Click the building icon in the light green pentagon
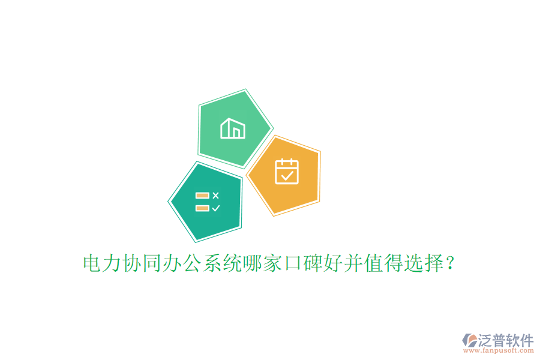click(233, 128)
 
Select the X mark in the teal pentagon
click(216, 195)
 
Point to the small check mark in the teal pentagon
click(216, 208)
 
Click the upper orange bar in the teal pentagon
click(202, 196)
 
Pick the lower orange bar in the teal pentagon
click(202, 208)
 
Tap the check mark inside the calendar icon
click(287, 175)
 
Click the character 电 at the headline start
click(92, 263)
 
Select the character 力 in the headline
click(112, 263)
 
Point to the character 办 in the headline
click(171, 263)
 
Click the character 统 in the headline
click(230, 263)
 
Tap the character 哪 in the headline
click(250, 263)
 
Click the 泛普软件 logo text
click(506, 340)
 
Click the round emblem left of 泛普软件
click(469, 341)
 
